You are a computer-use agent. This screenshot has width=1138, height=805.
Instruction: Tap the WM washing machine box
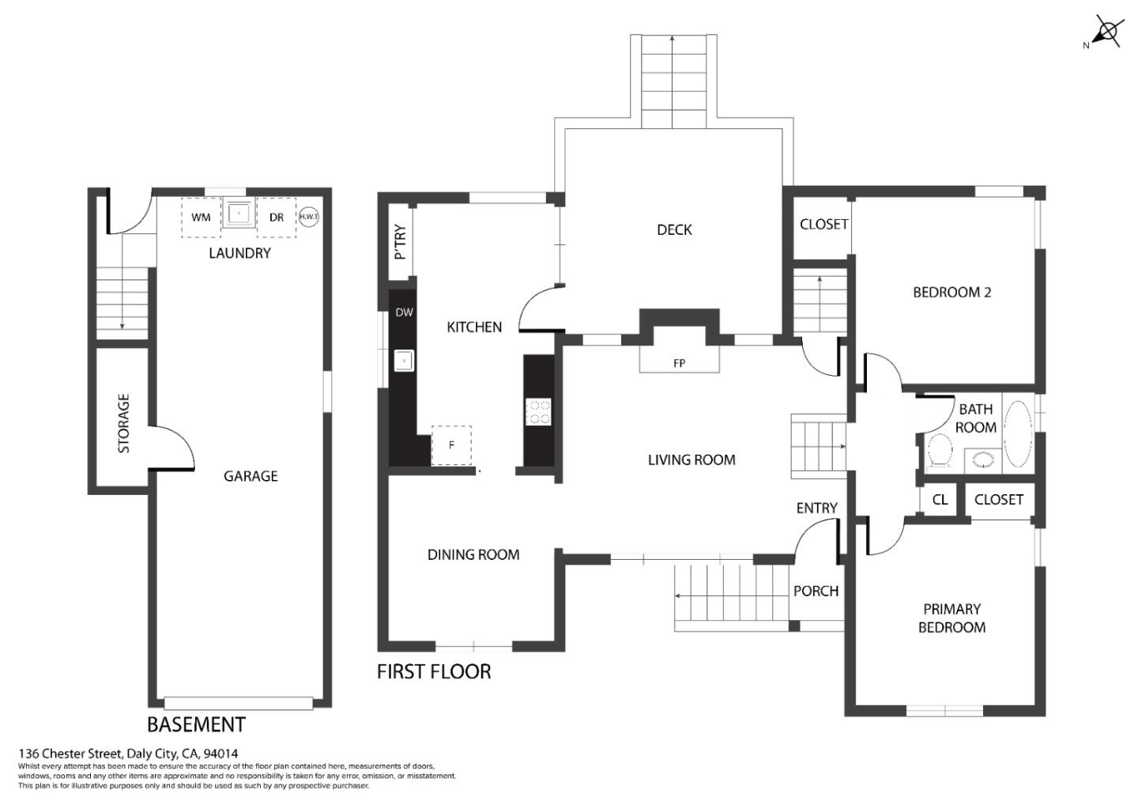(x=201, y=217)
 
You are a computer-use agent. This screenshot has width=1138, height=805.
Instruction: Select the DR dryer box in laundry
(x=276, y=217)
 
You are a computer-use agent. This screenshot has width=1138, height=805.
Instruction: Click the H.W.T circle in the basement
(x=308, y=217)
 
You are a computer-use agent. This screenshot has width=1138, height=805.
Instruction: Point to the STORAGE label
(x=123, y=423)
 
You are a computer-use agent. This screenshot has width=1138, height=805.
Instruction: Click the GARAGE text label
(x=251, y=476)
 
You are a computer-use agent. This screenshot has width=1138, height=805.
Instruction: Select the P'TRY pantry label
(x=401, y=242)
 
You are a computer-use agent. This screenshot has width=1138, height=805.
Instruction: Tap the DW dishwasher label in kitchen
(x=404, y=312)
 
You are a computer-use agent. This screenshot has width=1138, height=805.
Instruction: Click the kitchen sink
(x=404, y=361)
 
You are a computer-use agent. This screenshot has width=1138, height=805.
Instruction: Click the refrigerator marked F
(x=451, y=445)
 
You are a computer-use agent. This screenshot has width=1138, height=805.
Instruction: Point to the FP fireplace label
(x=679, y=364)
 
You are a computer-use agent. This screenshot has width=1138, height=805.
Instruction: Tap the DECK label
(x=674, y=230)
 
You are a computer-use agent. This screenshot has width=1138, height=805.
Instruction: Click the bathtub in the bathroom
(x=1017, y=433)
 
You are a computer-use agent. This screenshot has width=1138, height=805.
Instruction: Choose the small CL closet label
(x=940, y=500)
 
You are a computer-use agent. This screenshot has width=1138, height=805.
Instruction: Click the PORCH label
(x=816, y=591)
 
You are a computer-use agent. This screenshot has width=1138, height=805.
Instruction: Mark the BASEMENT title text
(x=196, y=724)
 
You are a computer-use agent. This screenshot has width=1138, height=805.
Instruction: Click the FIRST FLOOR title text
(x=434, y=672)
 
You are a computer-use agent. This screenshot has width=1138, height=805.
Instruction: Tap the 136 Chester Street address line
(x=128, y=754)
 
